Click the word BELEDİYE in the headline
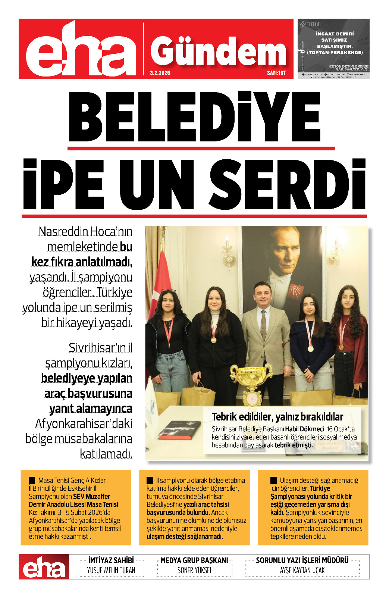[x=194, y=116]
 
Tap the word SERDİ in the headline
[x=287, y=185]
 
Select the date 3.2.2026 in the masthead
[x=160, y=73]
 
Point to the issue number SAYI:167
[x=276, y=73]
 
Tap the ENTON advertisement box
[x=333, y=49]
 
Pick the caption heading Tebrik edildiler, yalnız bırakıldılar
[x=277, y=417]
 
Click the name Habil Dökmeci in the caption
[x=305, y=429]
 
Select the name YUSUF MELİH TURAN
[x=111, y=571]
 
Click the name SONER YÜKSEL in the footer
[x=194, y=571]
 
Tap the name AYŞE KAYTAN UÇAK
[x=302, y=571]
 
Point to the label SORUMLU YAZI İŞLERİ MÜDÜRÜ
[x=302, y=560]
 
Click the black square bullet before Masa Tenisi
[x=32, y=481]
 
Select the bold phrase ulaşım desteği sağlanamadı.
[x=185, y=537]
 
